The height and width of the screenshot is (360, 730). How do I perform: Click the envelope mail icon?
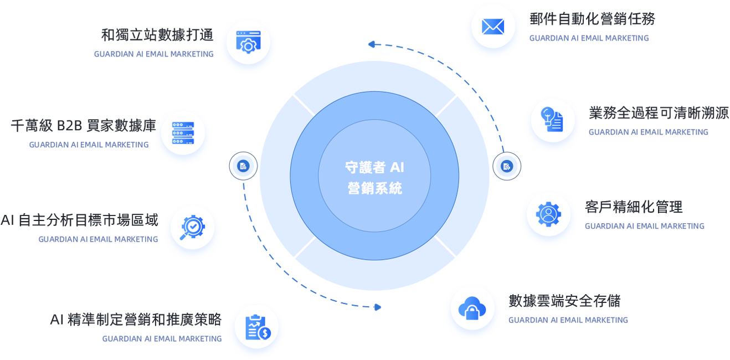493,27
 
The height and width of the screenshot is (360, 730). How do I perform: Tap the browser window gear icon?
248,42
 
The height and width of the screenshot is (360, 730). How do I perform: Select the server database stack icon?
183,133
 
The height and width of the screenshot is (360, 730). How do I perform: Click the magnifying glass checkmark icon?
192,228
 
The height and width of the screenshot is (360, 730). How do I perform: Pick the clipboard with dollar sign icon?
258,327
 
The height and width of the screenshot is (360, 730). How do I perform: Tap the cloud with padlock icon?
472,308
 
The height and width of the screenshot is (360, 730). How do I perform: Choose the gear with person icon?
548,214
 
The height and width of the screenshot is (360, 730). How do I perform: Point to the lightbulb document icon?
552,119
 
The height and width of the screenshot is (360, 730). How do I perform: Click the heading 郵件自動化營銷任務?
592,19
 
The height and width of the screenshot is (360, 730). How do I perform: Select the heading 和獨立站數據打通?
157,35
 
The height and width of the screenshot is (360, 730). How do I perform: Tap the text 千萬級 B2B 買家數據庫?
84,126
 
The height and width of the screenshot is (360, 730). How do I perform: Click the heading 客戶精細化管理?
634,207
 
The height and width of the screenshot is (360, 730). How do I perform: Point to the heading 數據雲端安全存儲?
564,301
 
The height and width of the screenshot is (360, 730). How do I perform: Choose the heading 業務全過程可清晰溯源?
659,113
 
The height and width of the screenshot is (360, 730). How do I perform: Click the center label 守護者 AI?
374,167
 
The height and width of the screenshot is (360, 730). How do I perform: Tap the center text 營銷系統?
374,188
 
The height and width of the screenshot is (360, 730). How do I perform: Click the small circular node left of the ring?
243,166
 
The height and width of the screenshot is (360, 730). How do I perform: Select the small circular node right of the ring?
506,166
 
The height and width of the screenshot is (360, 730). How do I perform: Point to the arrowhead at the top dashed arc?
372,44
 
